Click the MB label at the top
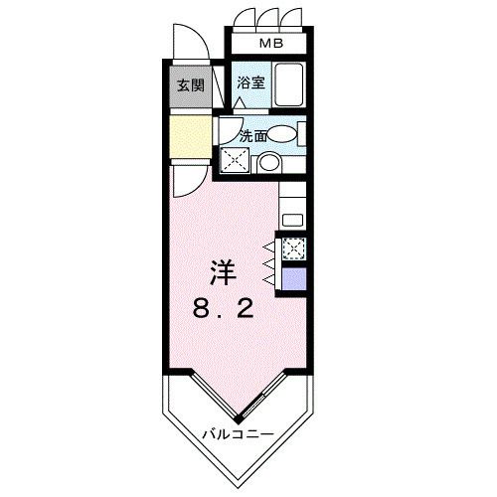point(269,44)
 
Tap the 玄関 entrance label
point(191,85)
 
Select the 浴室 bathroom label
point(250,84)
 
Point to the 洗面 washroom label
point(251,135)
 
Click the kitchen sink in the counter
point(293,218)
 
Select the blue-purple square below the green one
point(294,277)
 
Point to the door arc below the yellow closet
point(183,179)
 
